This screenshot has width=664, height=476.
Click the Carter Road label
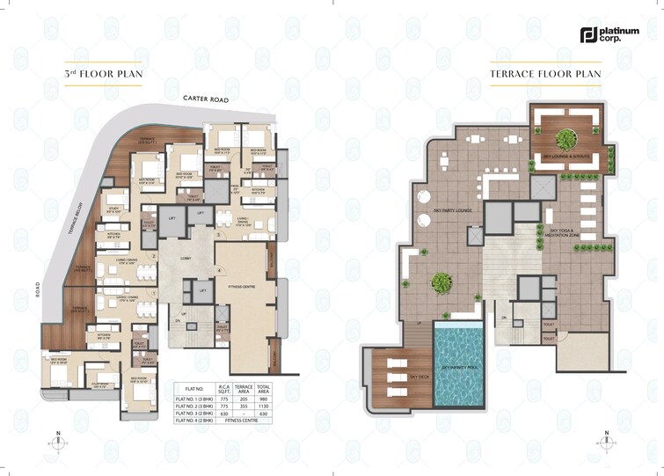click(205, 99)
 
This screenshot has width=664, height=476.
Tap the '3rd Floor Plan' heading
click(103, 74)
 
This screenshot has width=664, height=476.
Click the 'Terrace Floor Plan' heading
click(545, 74)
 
